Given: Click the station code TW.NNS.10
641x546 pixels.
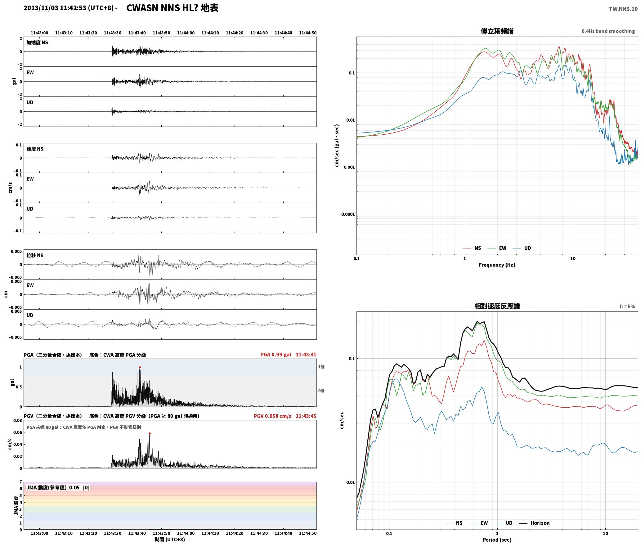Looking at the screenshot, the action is tap(623, 9).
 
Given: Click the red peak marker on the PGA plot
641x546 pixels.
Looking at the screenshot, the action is tap(140, 367).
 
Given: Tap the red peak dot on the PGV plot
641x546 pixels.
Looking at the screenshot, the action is tap(150, 433).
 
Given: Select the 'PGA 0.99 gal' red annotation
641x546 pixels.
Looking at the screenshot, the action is tap(276, 355).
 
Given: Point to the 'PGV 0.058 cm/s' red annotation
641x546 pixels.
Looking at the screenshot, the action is tap(272, 416).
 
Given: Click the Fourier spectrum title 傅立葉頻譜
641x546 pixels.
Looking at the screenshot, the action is tap(497, 31).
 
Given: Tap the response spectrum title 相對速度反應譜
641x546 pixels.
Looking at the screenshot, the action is tap(497, 306).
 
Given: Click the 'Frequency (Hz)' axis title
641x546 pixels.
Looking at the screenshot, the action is tap(497, 265).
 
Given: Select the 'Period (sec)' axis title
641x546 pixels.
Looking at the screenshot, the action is tap(497, 539).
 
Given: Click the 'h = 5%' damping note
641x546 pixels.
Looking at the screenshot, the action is tap(627, 306).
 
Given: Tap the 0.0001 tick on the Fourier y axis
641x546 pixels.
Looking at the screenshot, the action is tap(348, 214).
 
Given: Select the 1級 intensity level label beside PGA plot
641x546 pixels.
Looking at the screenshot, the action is tap(321, 367).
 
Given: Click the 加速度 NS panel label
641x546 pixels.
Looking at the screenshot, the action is tap(37, 43).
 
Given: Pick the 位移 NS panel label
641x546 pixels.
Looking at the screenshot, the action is tap(35, 255).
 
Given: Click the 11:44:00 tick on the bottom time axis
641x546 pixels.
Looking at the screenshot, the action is tap(186, 533).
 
